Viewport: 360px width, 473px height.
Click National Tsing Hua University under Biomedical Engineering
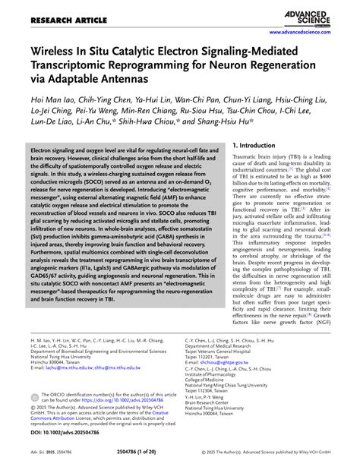[67, 355]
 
